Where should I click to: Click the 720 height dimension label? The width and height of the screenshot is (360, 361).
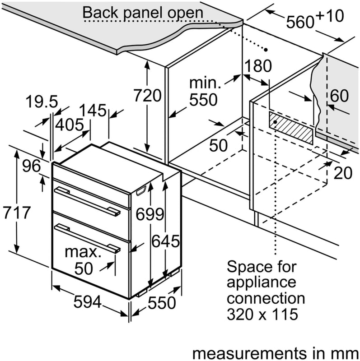pos(148,96)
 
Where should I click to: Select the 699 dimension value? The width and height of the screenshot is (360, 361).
pos(150,214)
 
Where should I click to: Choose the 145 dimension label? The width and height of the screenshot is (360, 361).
pos(93,110)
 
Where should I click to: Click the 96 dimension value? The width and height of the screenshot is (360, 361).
pos(32,166)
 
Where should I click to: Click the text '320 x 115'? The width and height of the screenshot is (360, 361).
pos(262,314)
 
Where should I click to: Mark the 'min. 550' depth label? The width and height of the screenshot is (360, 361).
pos(204,92)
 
